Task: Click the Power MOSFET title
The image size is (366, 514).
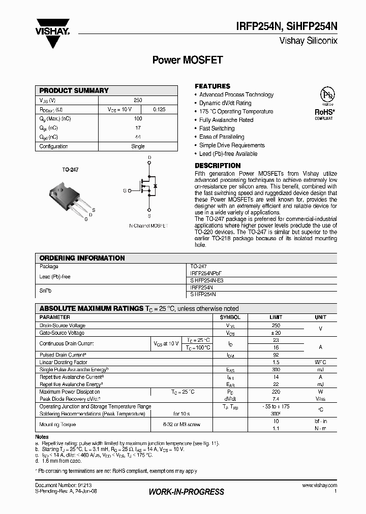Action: tap(188, 60)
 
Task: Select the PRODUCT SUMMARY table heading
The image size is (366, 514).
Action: tap(74, 90)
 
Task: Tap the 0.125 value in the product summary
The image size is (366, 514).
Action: tap(159, 109)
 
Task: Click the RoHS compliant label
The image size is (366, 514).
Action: tap(324, 113)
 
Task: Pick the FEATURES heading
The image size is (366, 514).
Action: tap(212, 86)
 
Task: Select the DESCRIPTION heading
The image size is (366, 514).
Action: tap(218, 166)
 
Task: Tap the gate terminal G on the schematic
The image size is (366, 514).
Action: tap(125, 190)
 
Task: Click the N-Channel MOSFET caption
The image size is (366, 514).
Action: tap(148, 224)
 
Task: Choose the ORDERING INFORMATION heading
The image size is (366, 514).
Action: tap(82, 258)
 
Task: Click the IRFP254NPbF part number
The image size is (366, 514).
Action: tap(206, 273)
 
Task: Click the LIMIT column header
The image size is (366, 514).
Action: tap(276, 317)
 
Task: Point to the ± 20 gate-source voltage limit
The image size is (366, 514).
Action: tap(276, 333)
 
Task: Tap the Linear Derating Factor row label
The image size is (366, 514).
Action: tap(63, 363)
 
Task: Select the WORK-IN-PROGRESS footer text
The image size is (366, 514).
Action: tap(186, 492)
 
